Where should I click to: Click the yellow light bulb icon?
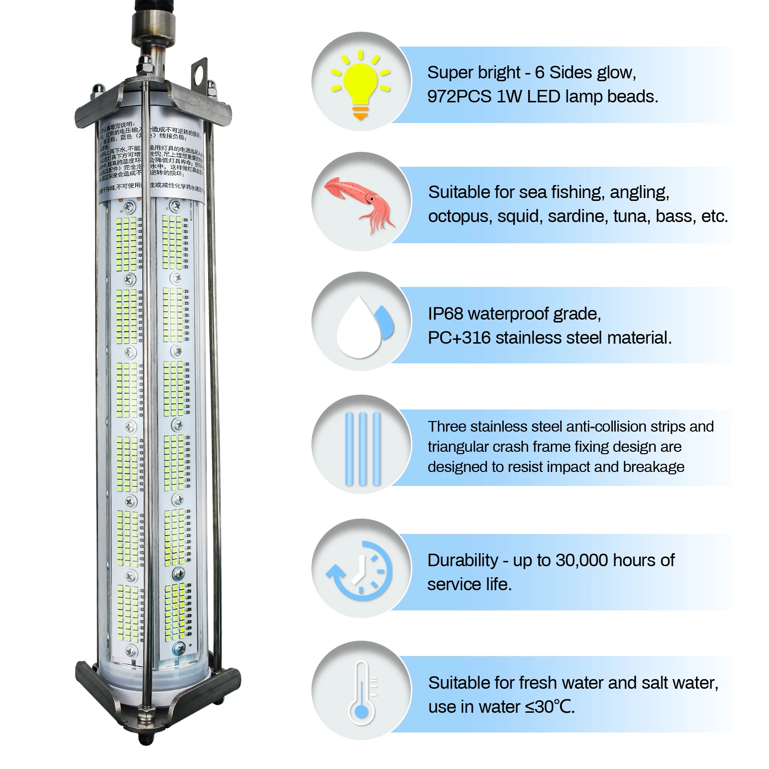(360, 84)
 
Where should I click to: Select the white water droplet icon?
(358, 327)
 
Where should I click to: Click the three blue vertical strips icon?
(363, 448)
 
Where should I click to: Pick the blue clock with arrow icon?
(360, 570)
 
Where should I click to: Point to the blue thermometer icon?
(361, 692)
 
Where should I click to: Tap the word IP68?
(446, 314)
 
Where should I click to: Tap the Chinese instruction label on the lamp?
(150, 159)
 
